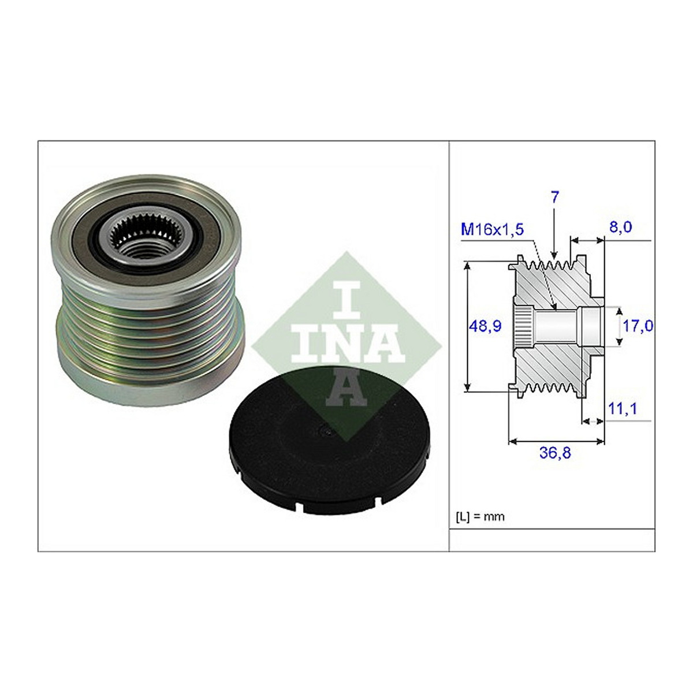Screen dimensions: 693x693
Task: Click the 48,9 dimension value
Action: [x=486, y=326]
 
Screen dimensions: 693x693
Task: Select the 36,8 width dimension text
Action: [x=555, y=453]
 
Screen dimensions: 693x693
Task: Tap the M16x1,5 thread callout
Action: [x=493, y=229]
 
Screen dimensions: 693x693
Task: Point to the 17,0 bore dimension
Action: [x=638, y=326]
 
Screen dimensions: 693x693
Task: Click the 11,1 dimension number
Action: [x=622, y=409]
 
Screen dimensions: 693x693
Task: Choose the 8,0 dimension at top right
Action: [x=620, y=227]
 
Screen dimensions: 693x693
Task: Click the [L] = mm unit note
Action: [x=480, y=516]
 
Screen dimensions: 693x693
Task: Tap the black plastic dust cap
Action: [x=329, y=437]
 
